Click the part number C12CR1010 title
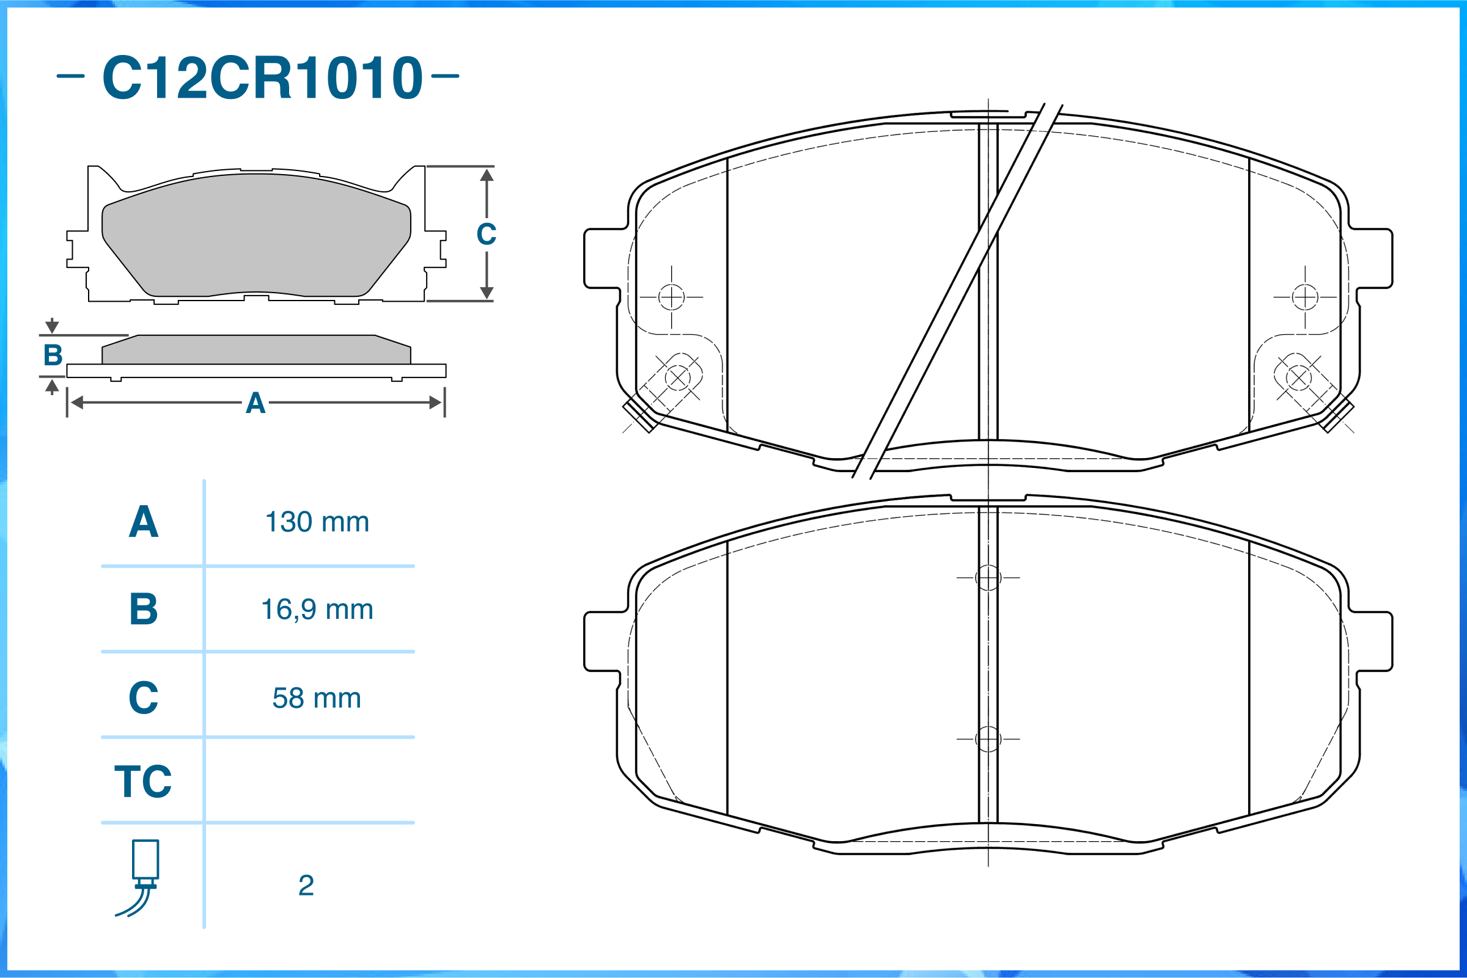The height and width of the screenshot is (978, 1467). click(x=262, y=78)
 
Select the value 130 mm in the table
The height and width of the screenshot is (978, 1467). click(x=317, y=522)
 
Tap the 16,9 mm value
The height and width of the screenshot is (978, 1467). click(x=317, y=610)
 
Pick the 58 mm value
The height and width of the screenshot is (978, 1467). click(x=317, y=698)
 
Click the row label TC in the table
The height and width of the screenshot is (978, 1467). click(x=143, y=781)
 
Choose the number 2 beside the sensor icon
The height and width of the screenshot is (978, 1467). click(x=306, y=886)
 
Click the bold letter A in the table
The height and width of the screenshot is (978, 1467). click(x=144, y=522)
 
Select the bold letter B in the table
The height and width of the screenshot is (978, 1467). click(x=144, y=610)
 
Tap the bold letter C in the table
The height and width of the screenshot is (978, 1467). click(x=144, y=698)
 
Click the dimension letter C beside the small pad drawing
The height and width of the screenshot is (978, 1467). click(x=487, y=235)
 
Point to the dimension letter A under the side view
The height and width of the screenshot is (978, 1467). click(x=256, y=404)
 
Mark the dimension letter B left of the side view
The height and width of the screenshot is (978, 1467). click(x=53, y=356)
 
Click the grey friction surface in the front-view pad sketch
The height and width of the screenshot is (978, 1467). click(x=256, y=237)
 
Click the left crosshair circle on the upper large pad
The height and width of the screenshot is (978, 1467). click(x=671, y=297)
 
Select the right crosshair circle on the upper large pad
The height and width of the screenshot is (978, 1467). click(x=1305, y=297)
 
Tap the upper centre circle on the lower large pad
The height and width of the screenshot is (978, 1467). click(x=988, y=577)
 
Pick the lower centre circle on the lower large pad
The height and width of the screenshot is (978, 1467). click(x=988, y=739)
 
